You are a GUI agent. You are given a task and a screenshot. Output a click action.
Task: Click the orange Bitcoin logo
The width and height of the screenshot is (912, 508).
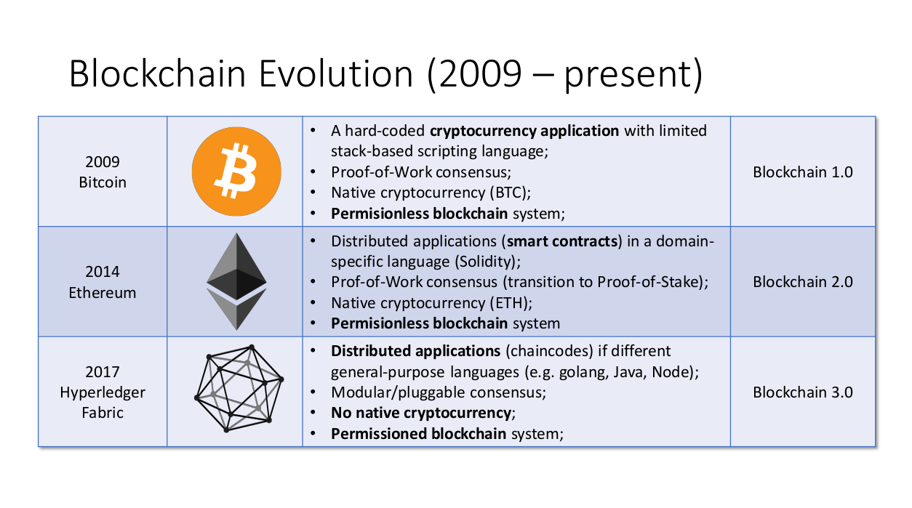[236, 172]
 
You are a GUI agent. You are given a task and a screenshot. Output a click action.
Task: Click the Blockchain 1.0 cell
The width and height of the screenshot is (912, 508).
[802, 172]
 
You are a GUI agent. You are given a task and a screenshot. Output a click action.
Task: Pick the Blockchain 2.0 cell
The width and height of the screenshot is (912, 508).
[802, 282]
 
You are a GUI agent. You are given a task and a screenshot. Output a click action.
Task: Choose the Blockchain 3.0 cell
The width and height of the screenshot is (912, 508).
[802, 392]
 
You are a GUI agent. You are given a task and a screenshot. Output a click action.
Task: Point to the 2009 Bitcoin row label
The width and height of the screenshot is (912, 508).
[103, 172]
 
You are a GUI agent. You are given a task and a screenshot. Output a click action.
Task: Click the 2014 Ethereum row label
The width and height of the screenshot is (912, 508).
[103, 282]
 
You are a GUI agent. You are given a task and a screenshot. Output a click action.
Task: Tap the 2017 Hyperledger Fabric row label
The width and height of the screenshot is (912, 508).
[103, 392]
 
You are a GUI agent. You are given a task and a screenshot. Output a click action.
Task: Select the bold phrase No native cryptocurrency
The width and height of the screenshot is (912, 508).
[421, 413]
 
